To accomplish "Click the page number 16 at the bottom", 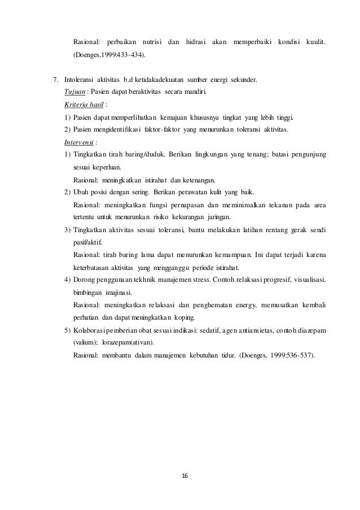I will coord(180,475).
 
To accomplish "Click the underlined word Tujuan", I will coord(76,93).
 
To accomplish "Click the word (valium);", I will coord(86,342).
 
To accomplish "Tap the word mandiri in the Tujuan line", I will coord(195,93).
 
